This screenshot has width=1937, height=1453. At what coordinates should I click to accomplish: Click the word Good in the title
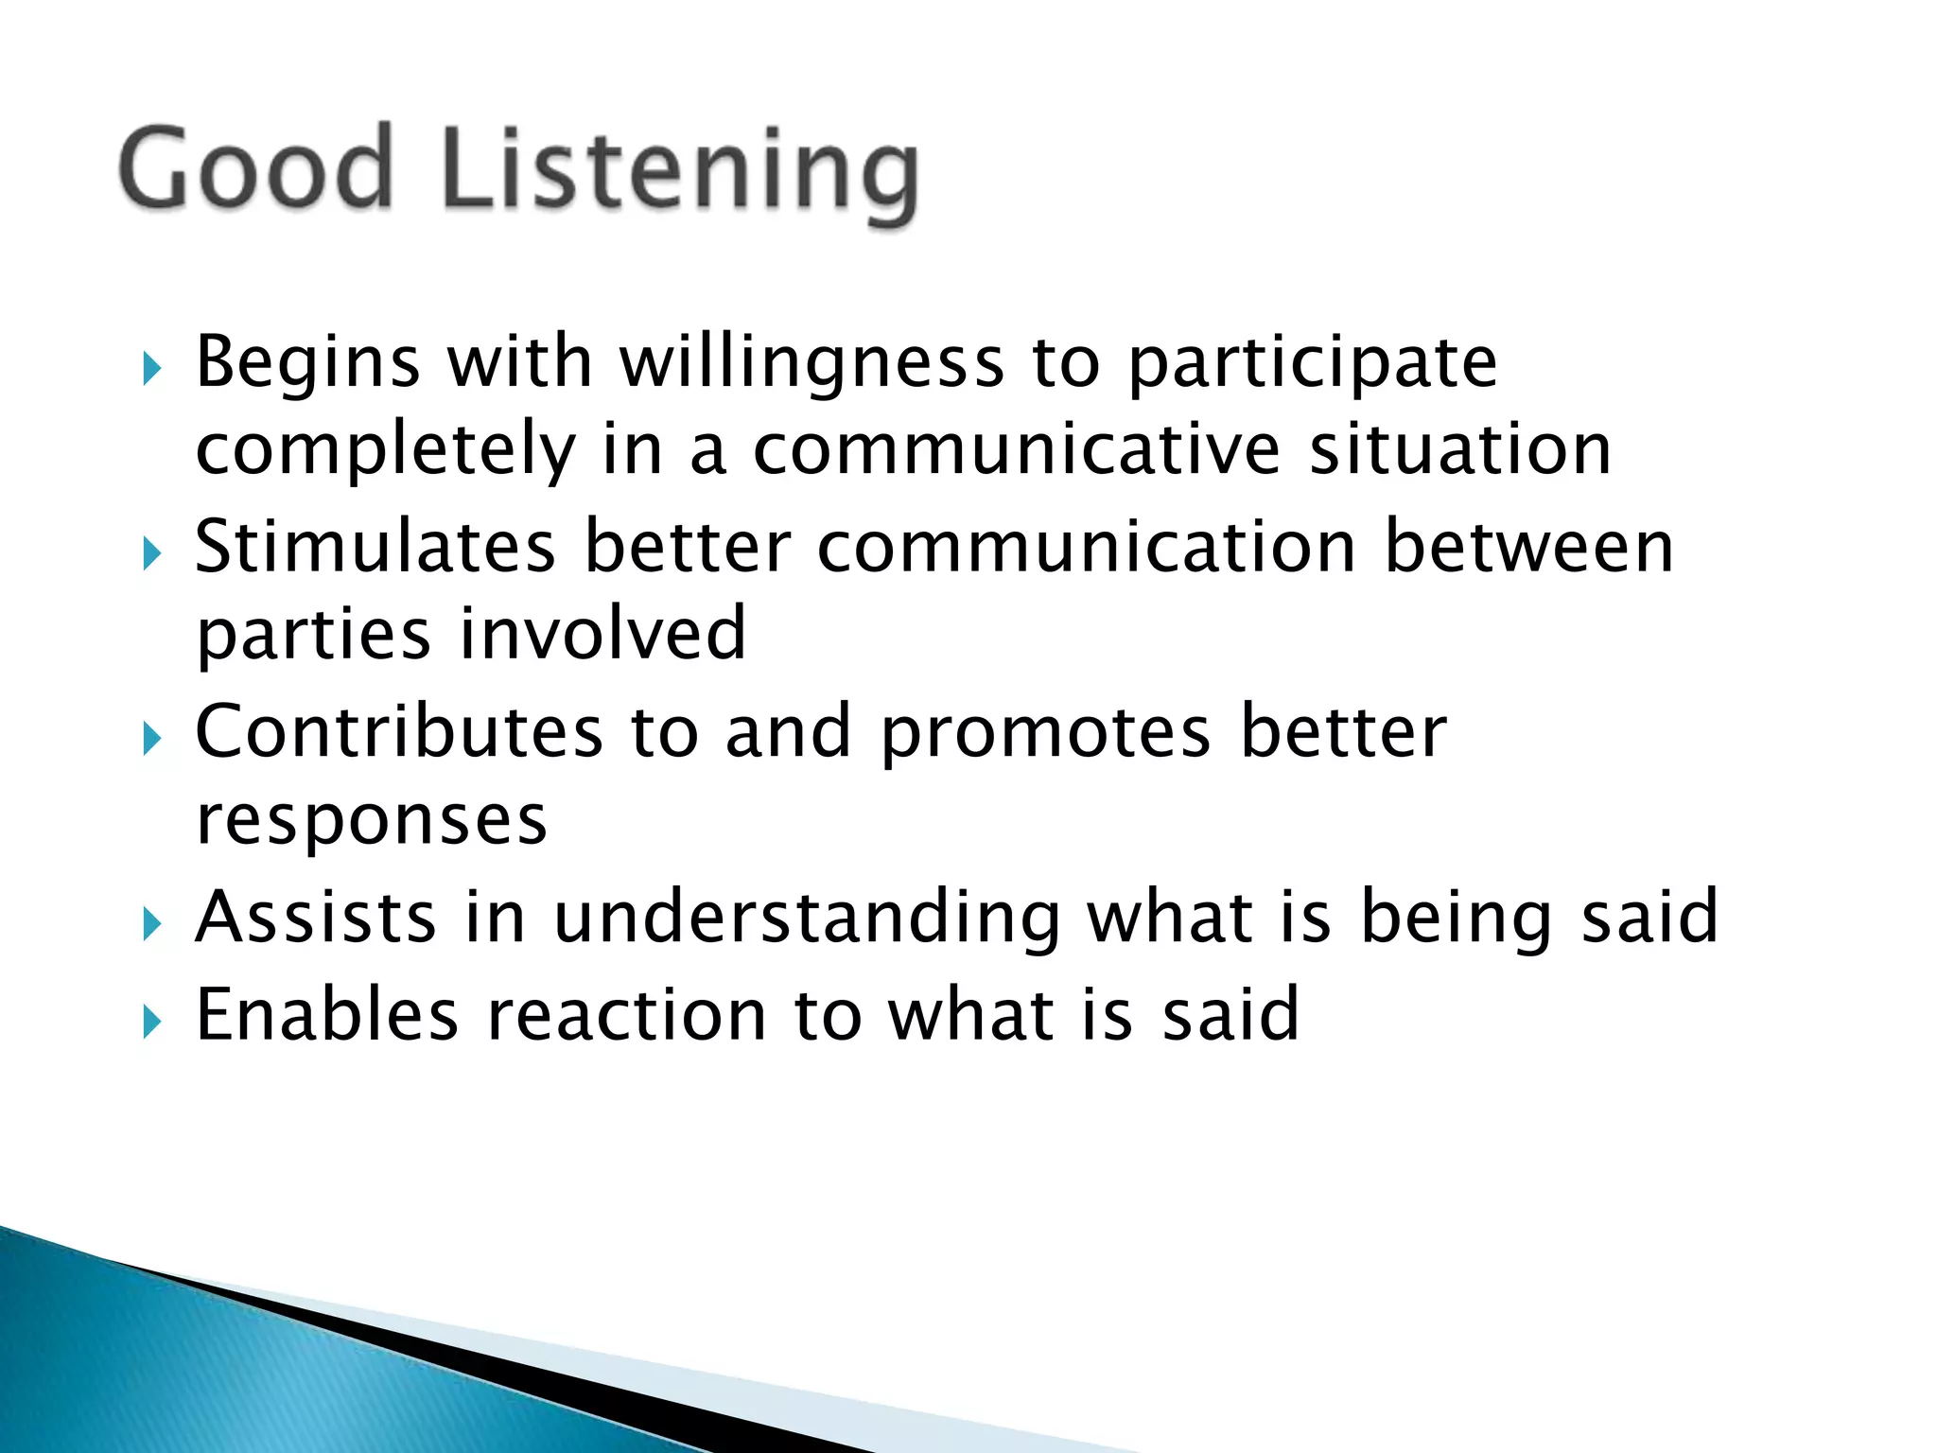pos(255,168)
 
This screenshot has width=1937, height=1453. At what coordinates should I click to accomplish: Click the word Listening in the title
pos(679,170)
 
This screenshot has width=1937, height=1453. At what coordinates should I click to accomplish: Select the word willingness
pos(811,363)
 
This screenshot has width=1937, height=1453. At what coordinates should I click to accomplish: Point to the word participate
pos(1313,365)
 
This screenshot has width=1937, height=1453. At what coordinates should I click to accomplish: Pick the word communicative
pos(1016,450)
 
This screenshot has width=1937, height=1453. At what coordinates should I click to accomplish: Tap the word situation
pos(1460,450)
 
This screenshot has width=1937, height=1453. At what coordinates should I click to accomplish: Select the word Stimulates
pos(375,549)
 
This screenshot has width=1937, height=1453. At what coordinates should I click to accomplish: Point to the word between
pos(1528,549)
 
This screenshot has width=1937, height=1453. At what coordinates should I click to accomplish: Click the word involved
pos(602,634)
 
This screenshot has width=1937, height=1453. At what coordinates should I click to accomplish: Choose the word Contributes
pos(398,733)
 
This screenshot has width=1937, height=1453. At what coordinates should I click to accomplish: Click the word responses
pos(371,821)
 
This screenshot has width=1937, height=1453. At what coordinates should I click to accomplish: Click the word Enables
pos(326,1016)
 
